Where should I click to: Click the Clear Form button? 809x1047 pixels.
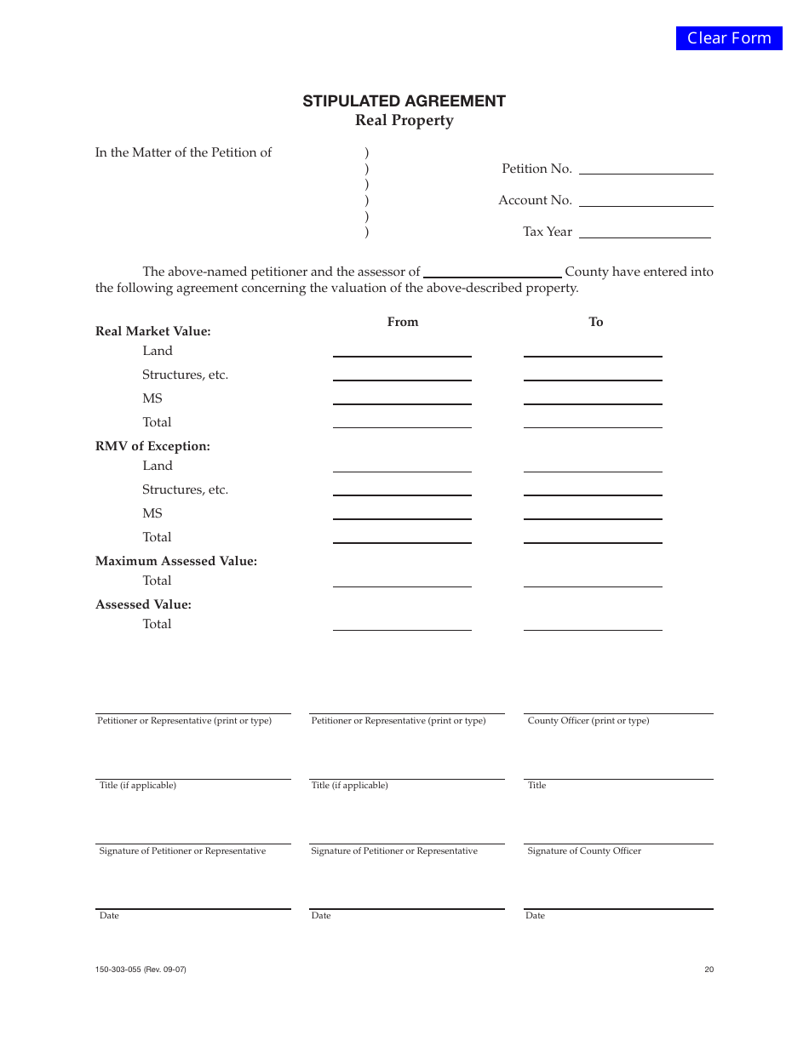tap(729, 38)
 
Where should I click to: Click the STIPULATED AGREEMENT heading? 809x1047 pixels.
tap(404, 101)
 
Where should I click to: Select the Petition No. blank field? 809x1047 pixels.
tap(645, 168)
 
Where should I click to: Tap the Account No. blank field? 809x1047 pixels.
tap(645, 199)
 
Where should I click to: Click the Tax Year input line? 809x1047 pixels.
tap(645, 231)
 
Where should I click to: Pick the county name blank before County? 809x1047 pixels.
tap(492, 271)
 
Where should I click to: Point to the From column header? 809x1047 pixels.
tap(403, 322)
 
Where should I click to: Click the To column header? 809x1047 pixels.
tap(596, 322)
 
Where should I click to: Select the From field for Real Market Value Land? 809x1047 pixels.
tap(402, 350)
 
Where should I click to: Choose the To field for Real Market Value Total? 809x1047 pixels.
tap(593, 421)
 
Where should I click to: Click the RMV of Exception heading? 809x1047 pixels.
tap(152, 446)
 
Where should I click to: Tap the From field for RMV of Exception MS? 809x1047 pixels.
tap(402, 512)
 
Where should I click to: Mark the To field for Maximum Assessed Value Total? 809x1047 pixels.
tap(593, 580)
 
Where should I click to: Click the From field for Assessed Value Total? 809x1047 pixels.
tap(402, 623)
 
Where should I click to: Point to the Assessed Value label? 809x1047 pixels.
tap(143, 604)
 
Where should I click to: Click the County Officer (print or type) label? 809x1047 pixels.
tap(588, 721)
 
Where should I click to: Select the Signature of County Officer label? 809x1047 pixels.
tap(584, 851)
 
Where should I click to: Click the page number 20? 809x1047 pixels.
tap(709, 970)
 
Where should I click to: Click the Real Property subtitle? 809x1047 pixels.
tap(404, 121)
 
